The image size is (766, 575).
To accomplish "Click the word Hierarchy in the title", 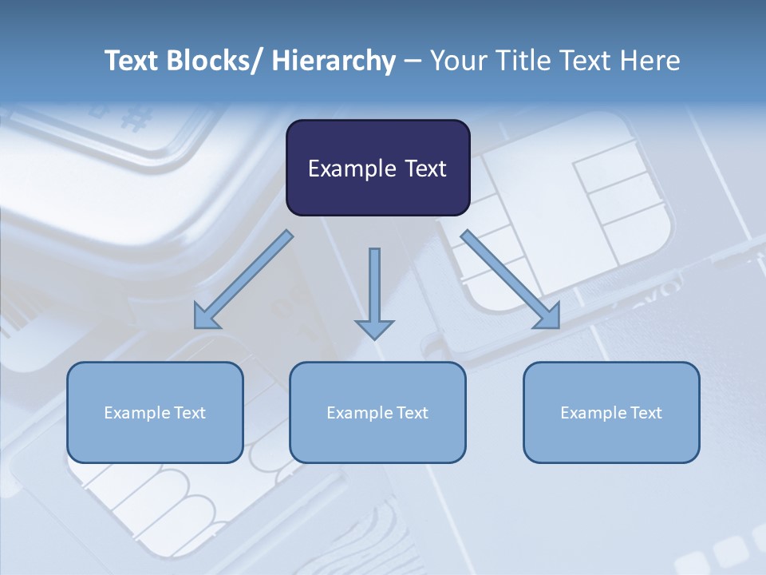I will [x=334, y=61].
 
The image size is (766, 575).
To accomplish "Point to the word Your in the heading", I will [x=457, y=61].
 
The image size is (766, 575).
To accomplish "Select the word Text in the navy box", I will [x=424, y=169].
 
